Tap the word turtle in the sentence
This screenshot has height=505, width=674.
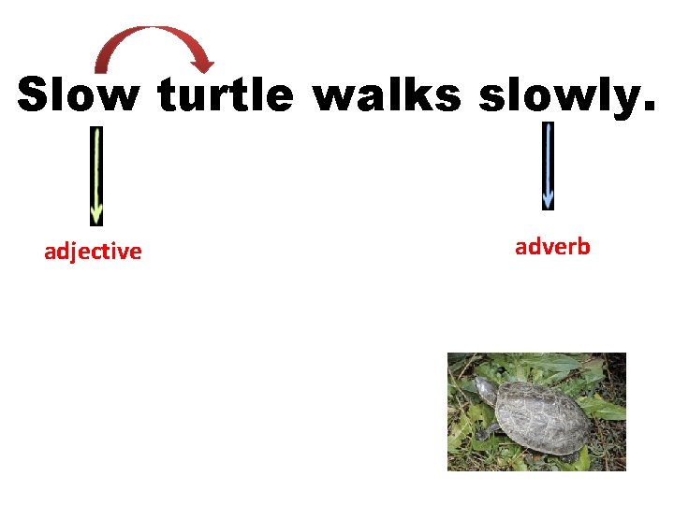click(226, 95)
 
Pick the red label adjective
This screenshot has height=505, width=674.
click(93, 252)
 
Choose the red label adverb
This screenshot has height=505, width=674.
click(552, 247)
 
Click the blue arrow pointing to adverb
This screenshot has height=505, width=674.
click(548, 165)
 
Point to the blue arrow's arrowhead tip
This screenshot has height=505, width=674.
click(548, 207)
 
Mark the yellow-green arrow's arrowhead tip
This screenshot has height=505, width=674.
click(95, 223)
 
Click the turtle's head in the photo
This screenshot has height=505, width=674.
click(483, 390)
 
